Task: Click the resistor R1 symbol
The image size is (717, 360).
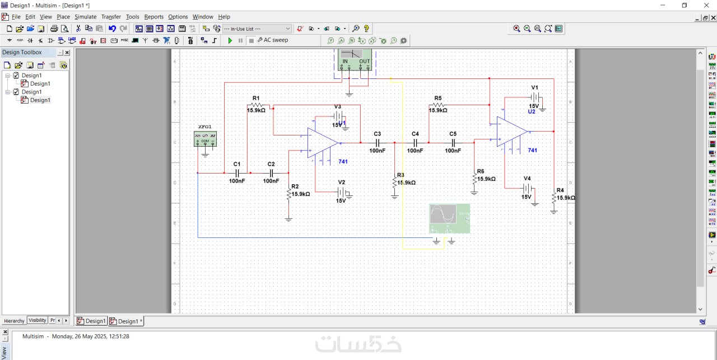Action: point(256,105)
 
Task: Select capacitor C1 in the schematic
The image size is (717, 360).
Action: point(237,173)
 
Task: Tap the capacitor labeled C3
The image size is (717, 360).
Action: point(378,143)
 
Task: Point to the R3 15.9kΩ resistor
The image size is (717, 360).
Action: point(395,182)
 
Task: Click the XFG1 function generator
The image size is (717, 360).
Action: point(205,139)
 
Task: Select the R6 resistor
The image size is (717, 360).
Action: point(474,178)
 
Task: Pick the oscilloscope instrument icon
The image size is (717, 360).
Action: point(449,218)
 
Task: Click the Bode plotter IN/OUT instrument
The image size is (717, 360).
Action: point(355,59)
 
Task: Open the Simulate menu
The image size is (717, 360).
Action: point(85,17)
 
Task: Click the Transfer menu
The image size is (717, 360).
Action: point(111,17)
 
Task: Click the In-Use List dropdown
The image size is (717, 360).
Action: point(257,29)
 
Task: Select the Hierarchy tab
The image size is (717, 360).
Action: point(14,321)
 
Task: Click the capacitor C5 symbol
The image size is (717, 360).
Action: point(453,143)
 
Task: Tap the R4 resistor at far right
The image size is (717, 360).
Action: point(554,198)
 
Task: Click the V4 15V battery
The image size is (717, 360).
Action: point(527,188)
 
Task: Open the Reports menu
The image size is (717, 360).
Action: point(153,17)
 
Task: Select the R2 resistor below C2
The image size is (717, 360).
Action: point(288,194)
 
